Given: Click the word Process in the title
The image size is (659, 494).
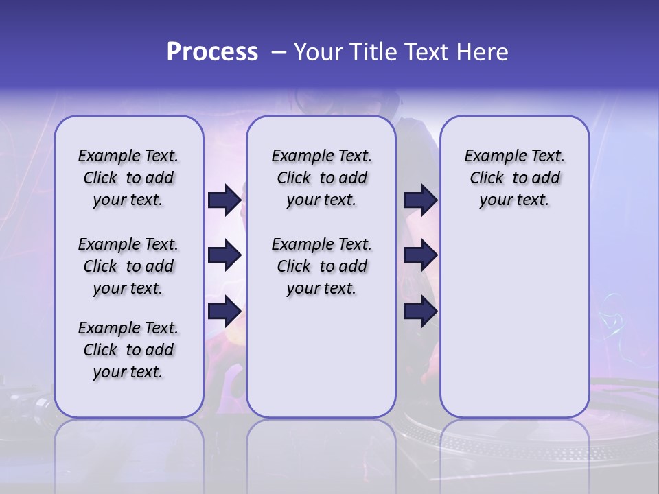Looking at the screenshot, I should point(212,52).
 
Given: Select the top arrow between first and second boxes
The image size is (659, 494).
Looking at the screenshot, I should point(224,200).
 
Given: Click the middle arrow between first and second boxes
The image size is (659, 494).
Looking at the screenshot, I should point(224,255).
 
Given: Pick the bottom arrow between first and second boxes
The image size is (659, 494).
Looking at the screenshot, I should point(224,311).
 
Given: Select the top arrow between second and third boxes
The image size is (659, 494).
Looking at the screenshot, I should point(420,200).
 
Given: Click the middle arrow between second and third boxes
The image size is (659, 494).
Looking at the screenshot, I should point(420,255).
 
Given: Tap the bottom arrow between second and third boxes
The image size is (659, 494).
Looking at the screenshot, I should point(420,311).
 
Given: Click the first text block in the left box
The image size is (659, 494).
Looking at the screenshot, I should point(128,178).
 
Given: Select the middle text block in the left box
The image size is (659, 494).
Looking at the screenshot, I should point(128,266).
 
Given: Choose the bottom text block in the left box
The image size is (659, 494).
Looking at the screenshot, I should point(128,350).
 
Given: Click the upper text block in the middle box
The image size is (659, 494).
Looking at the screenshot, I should point(321,178).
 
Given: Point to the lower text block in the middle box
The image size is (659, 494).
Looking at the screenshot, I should point(321,266).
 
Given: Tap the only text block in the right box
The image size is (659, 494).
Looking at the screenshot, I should point(515,178).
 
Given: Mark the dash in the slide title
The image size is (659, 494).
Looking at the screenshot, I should point(278,52).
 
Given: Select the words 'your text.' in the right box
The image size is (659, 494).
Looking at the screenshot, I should point(515,200).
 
